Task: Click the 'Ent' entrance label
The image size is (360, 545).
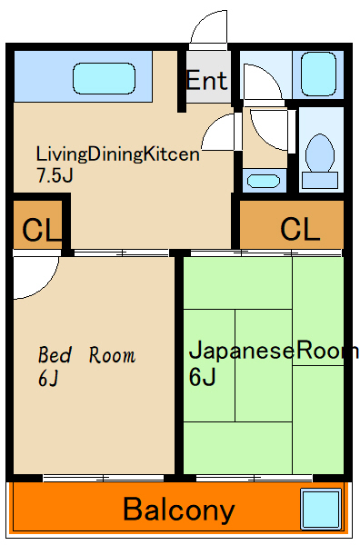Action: pos(206,80)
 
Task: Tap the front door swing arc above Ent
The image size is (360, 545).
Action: pos(210,27)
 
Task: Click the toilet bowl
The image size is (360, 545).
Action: pos(319,153)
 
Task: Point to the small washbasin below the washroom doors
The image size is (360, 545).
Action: pos(264,179)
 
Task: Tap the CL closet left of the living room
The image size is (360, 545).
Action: pos(37,229)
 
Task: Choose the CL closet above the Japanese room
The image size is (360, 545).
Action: pos(299,228)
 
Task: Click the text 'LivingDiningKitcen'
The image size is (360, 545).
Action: pos(117,154)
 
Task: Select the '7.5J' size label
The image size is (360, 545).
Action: pos(54,175)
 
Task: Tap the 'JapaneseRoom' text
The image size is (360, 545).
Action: pos(273,351)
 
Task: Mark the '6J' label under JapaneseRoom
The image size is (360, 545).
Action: pos(202,375)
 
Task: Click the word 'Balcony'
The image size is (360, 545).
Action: pos(179,510)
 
